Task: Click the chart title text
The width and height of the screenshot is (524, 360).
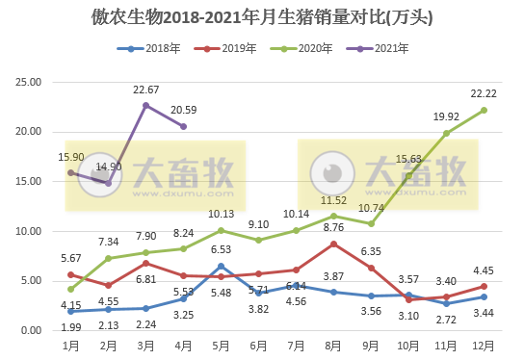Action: click(261, 17)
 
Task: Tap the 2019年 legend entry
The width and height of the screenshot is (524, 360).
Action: click(230, 47)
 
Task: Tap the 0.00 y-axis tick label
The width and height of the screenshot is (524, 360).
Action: click(31, 330)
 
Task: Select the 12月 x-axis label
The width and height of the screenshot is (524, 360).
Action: click(484, 345)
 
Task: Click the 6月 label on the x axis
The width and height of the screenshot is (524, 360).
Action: click(258, 345)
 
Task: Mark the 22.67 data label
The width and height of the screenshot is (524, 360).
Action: click(146, 90)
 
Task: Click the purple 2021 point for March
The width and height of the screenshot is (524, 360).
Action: click(145, 105)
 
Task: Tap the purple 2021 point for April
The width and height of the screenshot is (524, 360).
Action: click(183, 126)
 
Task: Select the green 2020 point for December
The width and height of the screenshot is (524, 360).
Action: click(484, 110)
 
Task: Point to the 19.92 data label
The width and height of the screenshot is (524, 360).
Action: click(446, 116)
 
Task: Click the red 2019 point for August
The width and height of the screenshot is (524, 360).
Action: click(333, 244)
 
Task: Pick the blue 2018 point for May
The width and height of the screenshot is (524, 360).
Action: click(221, 266)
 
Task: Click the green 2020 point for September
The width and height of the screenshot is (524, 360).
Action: click(371, 223)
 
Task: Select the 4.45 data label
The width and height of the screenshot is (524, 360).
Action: click(484, 270)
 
